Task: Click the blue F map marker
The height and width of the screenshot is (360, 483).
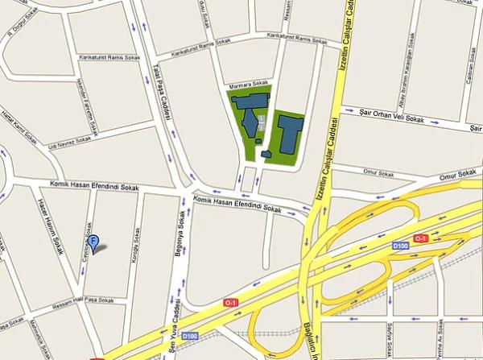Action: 93,241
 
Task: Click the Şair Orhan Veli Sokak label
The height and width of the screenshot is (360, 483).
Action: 393,117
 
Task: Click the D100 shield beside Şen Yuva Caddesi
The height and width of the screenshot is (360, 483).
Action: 190,335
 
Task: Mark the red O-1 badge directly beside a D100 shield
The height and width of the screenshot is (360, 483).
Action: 419,238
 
